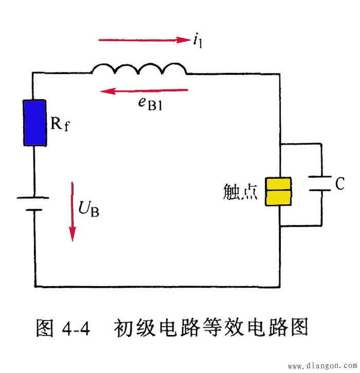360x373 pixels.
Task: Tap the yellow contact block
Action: (x=278, y=192)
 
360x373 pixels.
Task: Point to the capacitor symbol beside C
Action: (x=321, y=184)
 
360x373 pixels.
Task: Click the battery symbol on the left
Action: (x=34, y=203)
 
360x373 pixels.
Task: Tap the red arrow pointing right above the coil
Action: (x=144, y=40)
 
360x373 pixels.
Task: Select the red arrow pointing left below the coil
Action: (x=145, y=91)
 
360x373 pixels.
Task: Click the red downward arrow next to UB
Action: (x=73, y=211)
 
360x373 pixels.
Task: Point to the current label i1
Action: (x=197, y=41)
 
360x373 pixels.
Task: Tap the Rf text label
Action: (x=59, y=123)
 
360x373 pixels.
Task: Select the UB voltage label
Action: (x=89, y=208)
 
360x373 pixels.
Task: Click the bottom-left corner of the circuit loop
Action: (x=34, y=287)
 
